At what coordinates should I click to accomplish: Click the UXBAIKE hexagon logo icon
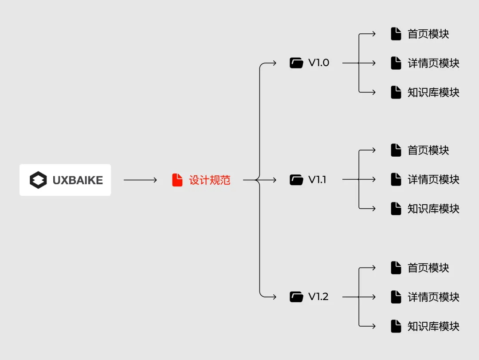click(38, 180)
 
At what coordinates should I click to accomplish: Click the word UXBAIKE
click(78, 180)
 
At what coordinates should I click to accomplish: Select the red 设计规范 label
click(210, 180)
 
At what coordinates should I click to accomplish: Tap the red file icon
click(177, 180)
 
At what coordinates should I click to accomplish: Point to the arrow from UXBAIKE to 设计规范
click(140, 180)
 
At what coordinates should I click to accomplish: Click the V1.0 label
click(319, 63)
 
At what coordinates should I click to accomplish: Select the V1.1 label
click(317, 180)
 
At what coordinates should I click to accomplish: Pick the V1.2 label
click(318, 297)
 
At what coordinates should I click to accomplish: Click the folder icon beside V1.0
click(296, 63)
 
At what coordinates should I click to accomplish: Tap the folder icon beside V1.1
click(296, 180)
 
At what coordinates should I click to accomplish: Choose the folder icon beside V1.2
click(296, 297)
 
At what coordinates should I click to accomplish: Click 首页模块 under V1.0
click(428, 34)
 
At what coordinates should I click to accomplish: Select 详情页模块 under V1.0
click(433, 63)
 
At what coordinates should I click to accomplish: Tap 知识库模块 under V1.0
click(433, 92)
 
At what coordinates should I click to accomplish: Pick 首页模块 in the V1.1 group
click(428, 150)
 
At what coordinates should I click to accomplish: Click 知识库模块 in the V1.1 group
click(433, 209)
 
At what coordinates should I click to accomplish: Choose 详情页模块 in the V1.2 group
click(433, 297)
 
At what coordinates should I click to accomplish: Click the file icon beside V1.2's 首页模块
click(396, 268)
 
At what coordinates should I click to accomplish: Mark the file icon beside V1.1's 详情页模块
click(396, 179)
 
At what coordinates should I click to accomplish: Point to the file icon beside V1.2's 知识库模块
click(396, 326)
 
